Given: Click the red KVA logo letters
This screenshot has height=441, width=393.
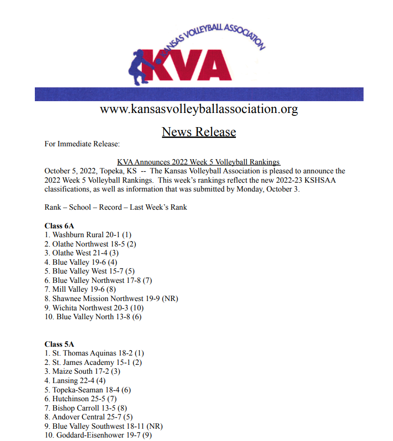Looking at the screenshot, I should coord(191,64).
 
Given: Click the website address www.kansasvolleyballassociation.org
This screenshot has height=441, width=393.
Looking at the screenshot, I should coord(199,109).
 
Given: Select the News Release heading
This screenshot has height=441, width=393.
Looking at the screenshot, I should coord(199,132).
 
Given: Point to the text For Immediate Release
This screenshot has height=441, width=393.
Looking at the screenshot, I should coord(82,144).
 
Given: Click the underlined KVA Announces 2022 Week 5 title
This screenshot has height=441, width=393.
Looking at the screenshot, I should coord(198,162).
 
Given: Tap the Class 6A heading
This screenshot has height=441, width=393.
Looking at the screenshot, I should coord(59,226).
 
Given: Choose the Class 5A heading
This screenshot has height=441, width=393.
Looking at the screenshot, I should coord(59,344).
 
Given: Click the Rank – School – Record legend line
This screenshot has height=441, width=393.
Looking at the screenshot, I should coord(116,207).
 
